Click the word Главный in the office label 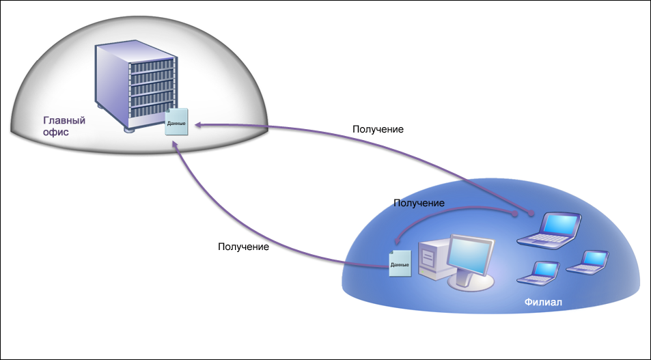click(64, 120)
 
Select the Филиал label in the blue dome click(543, 302)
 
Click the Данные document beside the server click(176, 122)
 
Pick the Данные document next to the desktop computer click(400, 264)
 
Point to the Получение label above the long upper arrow click(378, 129)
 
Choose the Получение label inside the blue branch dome click(419, 203)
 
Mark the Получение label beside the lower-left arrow click(243, 247)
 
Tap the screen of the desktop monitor click(471, 255)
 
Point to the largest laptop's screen click(561, 225)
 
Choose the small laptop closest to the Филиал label click(538, 273)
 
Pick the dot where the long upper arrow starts click(531, 213)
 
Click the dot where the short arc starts click(515, 213)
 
